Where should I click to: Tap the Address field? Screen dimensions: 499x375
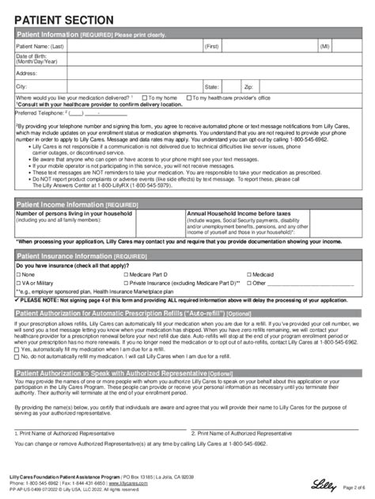(198, 72)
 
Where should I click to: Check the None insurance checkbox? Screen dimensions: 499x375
(19, 274)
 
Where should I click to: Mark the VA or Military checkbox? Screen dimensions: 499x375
(19, 282)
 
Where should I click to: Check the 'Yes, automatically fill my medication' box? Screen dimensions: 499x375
(19, 349)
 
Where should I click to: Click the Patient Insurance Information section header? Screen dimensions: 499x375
(68, 257)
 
